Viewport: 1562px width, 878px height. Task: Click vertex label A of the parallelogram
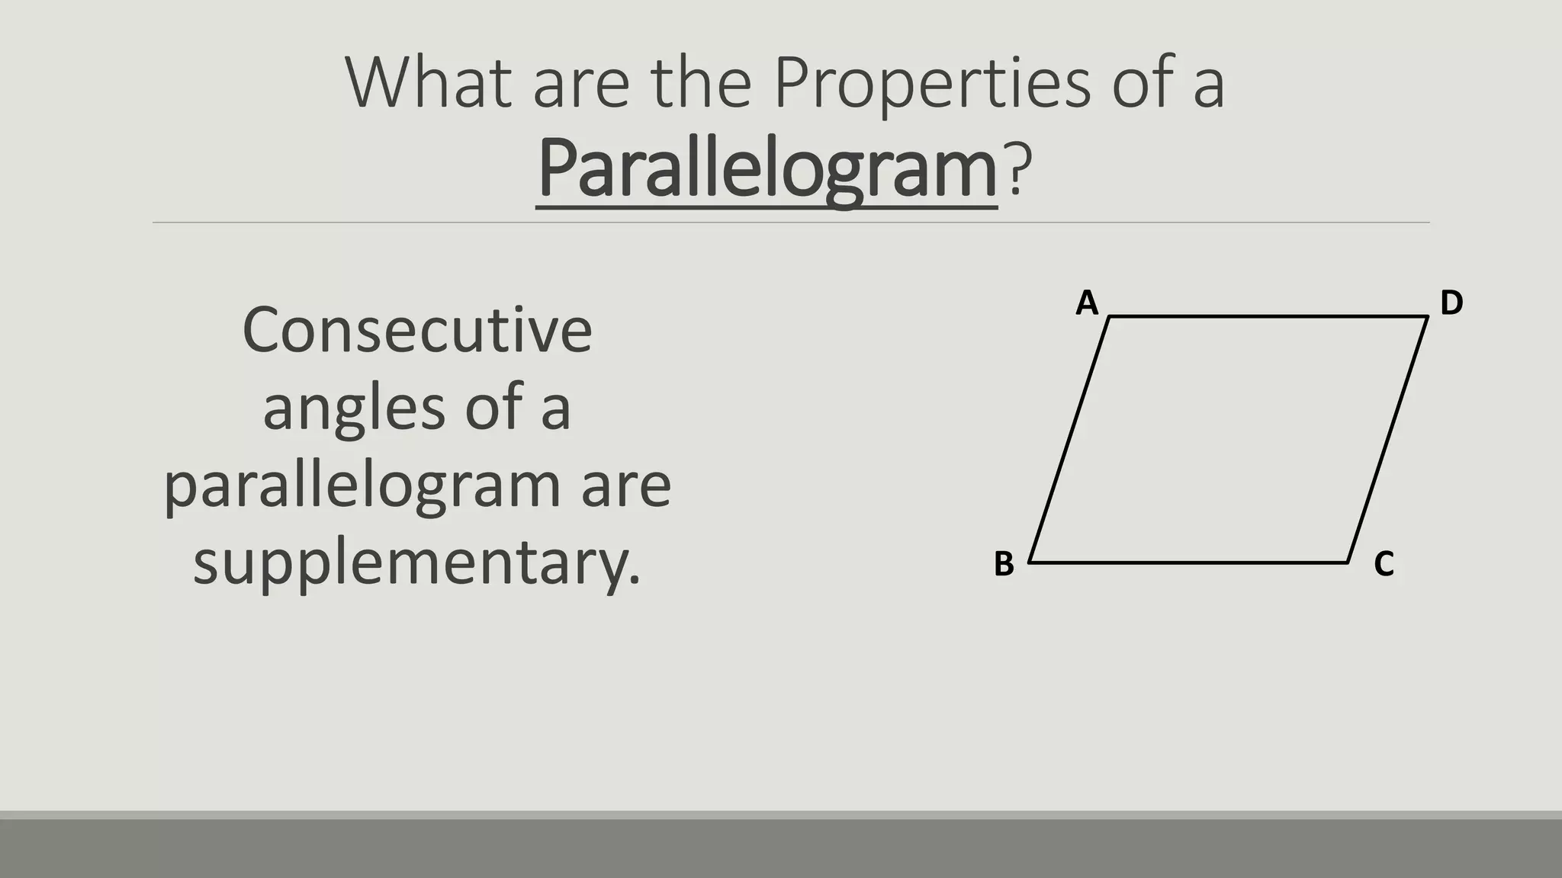pos(1087,303)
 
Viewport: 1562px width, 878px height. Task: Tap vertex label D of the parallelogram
pos(1451,303)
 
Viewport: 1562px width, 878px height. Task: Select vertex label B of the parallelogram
pos(1004,565)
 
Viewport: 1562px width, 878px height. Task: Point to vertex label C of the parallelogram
pos(1384,565)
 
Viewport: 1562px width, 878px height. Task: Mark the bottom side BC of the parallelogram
pos(1188,562)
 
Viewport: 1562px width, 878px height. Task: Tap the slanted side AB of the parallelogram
pos(1069,440)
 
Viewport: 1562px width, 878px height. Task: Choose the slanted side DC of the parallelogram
pos(1388,440)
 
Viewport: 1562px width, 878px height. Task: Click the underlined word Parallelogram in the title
pos(767,168)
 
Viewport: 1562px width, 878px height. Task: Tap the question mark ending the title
pos(1018,168)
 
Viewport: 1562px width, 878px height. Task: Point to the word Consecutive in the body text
pos(417,331)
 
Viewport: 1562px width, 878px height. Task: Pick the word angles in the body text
pos(354,409)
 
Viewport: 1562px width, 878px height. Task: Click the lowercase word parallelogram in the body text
pos(362,486)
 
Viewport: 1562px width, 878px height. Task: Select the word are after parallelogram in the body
pos(626,486)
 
